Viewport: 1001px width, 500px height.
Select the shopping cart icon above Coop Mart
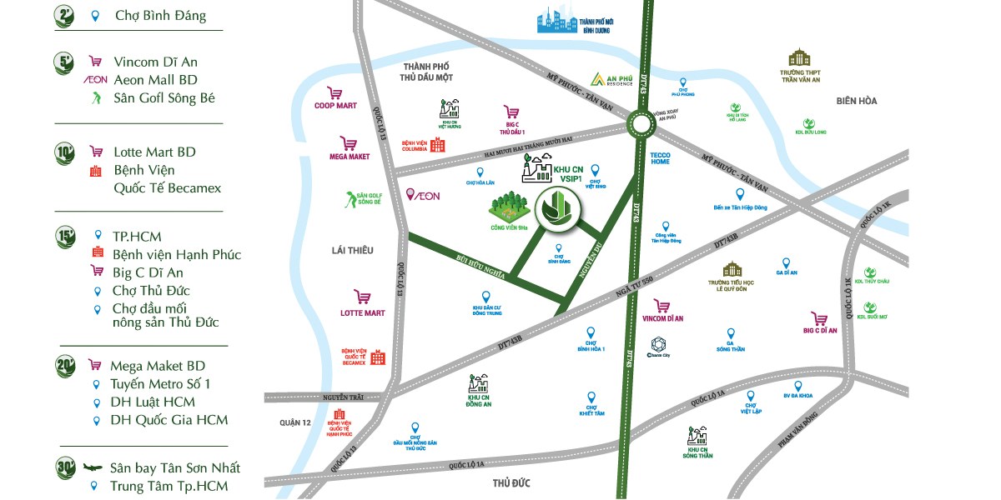335,93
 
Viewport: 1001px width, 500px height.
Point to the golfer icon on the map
349,199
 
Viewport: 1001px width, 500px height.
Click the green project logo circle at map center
551,207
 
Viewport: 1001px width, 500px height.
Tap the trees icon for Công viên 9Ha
508,207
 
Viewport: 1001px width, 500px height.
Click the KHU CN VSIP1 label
568,174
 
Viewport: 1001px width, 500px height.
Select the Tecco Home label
660,157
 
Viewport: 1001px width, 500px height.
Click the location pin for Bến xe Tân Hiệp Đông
739,194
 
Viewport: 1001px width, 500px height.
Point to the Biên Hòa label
857,101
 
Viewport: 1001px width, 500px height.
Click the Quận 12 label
295,422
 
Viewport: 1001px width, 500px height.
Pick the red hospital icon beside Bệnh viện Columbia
437,144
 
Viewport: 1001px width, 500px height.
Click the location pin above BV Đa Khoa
798,386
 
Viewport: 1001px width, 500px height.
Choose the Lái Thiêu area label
352,250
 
